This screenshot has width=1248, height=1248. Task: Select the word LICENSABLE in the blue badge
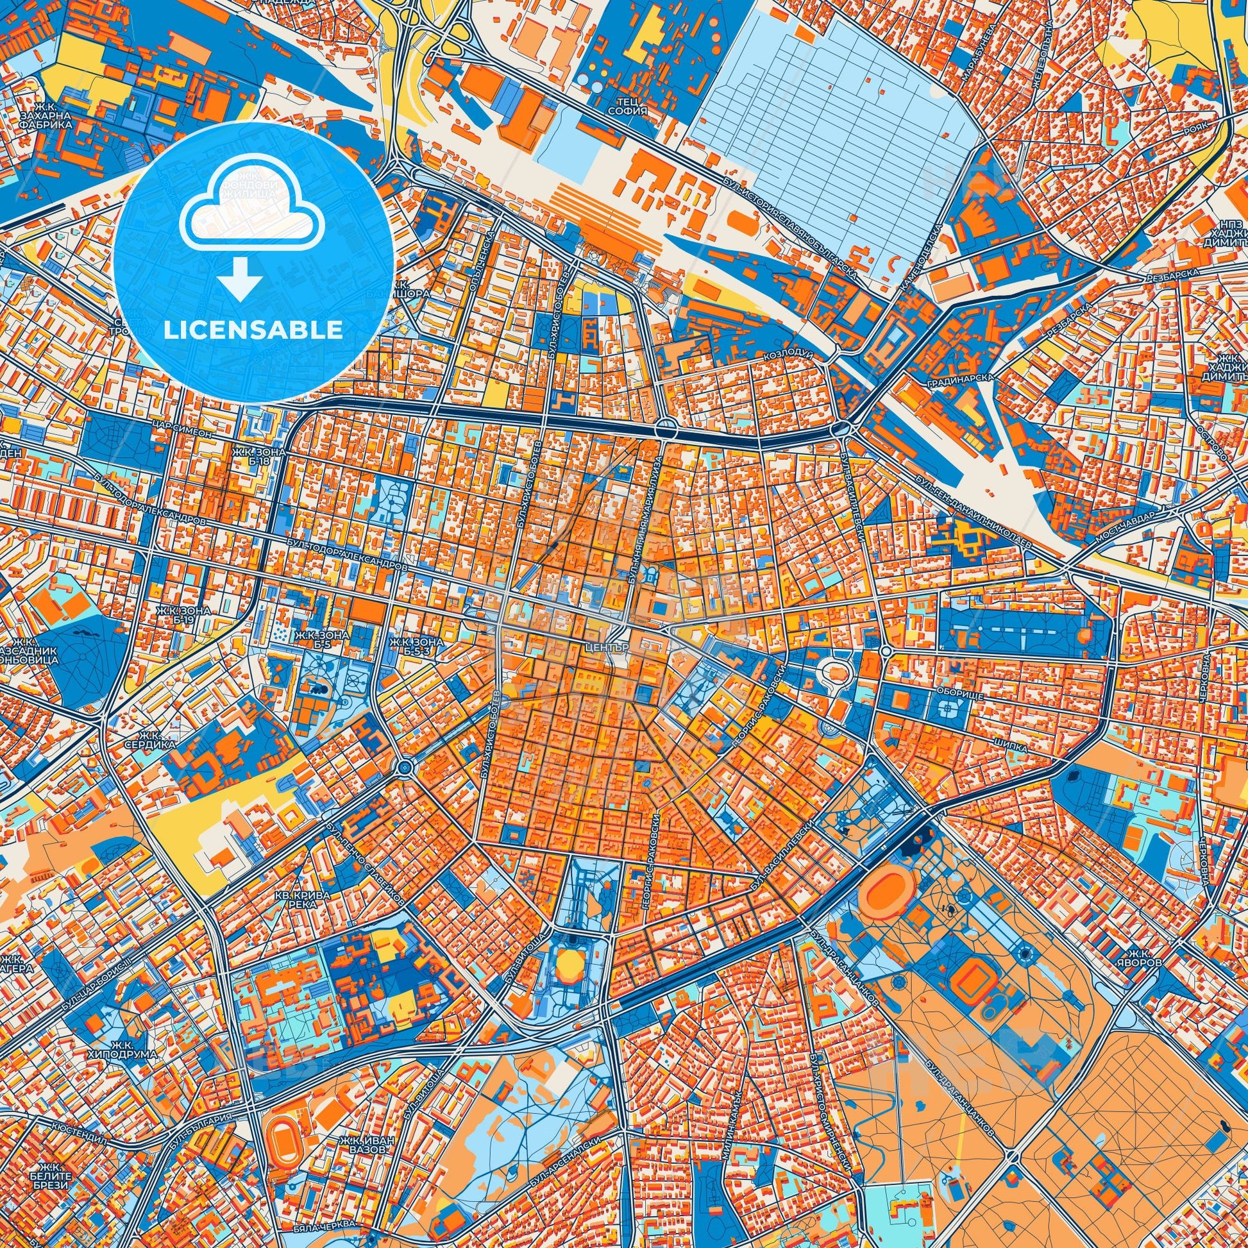[253, 330]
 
